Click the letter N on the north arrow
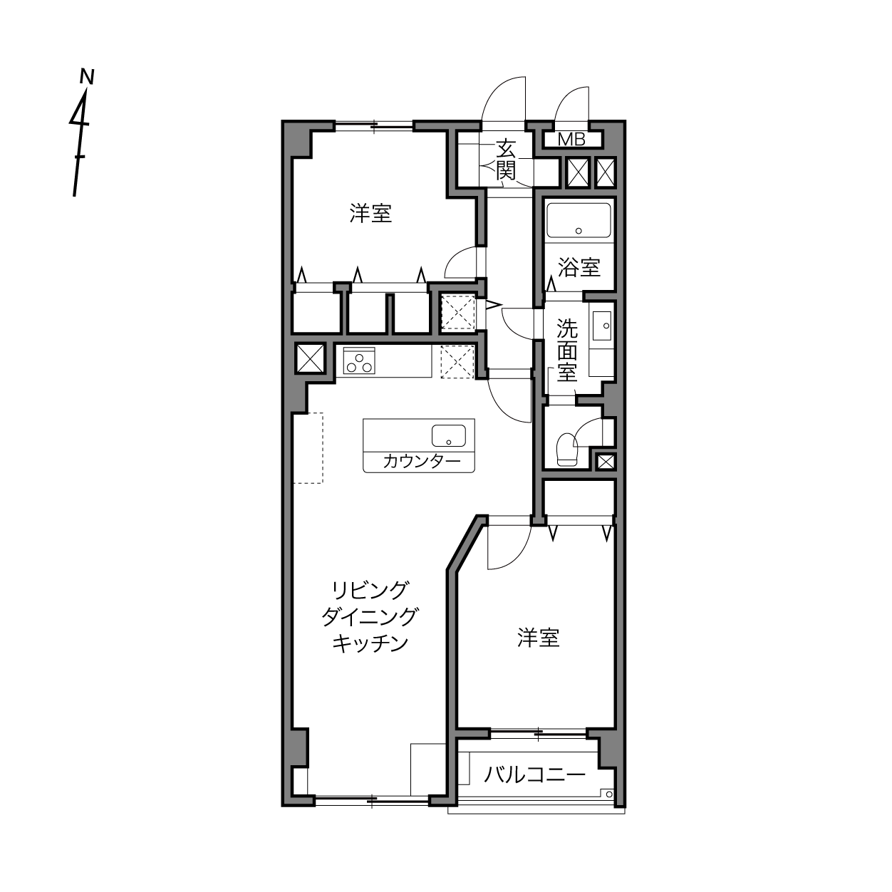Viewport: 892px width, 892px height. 86,77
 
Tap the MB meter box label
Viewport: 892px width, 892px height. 571,139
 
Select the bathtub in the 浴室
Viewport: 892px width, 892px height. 578,220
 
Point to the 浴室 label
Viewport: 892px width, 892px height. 579,267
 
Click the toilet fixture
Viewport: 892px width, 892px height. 568,449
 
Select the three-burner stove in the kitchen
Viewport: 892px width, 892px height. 359,361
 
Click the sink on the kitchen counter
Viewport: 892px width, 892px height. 449,435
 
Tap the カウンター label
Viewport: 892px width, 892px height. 422,462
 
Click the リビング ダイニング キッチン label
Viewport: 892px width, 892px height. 370,616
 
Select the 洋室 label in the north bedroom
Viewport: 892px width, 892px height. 370,214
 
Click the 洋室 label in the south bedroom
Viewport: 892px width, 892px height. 539,638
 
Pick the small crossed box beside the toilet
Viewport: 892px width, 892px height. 606,462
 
